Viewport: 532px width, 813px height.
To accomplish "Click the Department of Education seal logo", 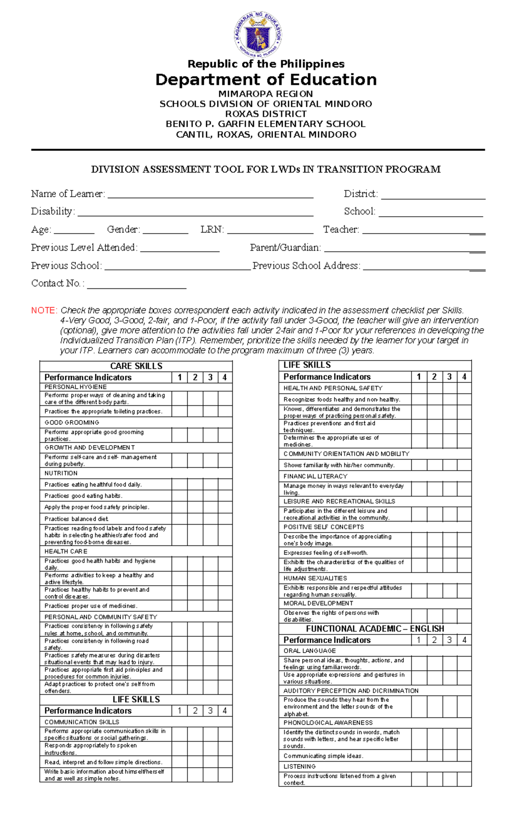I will pyautogui.click(x=258, y=35).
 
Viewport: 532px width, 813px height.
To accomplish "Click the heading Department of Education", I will pyautogui.click(x=266, y=80).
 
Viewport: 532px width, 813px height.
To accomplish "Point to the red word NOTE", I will pyautogui.click(x=44, y=310).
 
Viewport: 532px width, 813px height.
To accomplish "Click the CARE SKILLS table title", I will pyautogui.click(x=136, y=366).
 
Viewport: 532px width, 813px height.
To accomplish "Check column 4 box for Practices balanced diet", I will pyautogui.click(x=225, y=519).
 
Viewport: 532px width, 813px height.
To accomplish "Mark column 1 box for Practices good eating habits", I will pyautogui.click(x=180, y=496).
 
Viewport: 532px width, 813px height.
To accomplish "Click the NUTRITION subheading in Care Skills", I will pyautogui.click(x=61, y=473).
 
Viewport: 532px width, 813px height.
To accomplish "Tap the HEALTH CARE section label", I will pyautogui.click(x=66, y=551).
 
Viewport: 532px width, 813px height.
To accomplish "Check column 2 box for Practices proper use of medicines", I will pyautogui.click(x=195, y=606).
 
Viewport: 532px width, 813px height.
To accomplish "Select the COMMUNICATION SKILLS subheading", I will pyautogui.click(x=82, y=722).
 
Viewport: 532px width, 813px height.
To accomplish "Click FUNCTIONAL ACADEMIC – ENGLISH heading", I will pyautogui.click(x=375, y=629).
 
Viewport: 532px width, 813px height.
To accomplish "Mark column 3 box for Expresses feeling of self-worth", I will pyautogui.click(x=450, y=552).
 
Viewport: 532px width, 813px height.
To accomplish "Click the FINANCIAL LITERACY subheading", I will pyautogui.click(x=315, y=476).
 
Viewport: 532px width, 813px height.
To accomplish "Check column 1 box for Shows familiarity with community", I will pyautogui.click(x=419, y=465).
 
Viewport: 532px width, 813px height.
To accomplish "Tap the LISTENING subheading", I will pyautogui.click(x=300, y=766).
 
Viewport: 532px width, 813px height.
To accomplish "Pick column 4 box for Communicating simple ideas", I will pyautogui.click(x=464, y=756).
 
